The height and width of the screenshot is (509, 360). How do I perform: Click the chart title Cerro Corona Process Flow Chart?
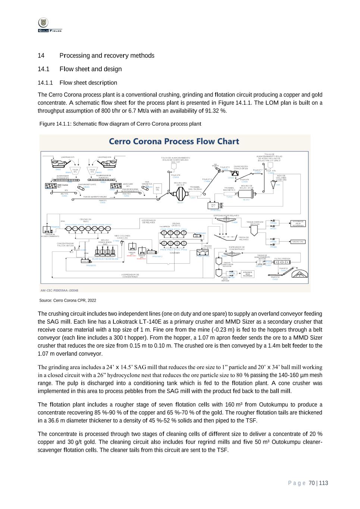(174, 141)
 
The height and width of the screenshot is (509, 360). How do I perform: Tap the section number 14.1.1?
(45, 83)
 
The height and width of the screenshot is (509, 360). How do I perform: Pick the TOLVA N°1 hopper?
(75, 171)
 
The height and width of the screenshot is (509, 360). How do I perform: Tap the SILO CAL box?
(157, 188)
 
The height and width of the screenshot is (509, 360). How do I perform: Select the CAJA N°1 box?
(213, 205)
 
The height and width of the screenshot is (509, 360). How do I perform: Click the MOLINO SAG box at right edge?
(297, 242)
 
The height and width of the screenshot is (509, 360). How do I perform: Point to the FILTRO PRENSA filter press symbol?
(282, 263)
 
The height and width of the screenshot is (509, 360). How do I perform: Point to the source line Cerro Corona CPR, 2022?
(68, 300)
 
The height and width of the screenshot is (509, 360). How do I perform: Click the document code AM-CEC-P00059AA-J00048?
(59, 290)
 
